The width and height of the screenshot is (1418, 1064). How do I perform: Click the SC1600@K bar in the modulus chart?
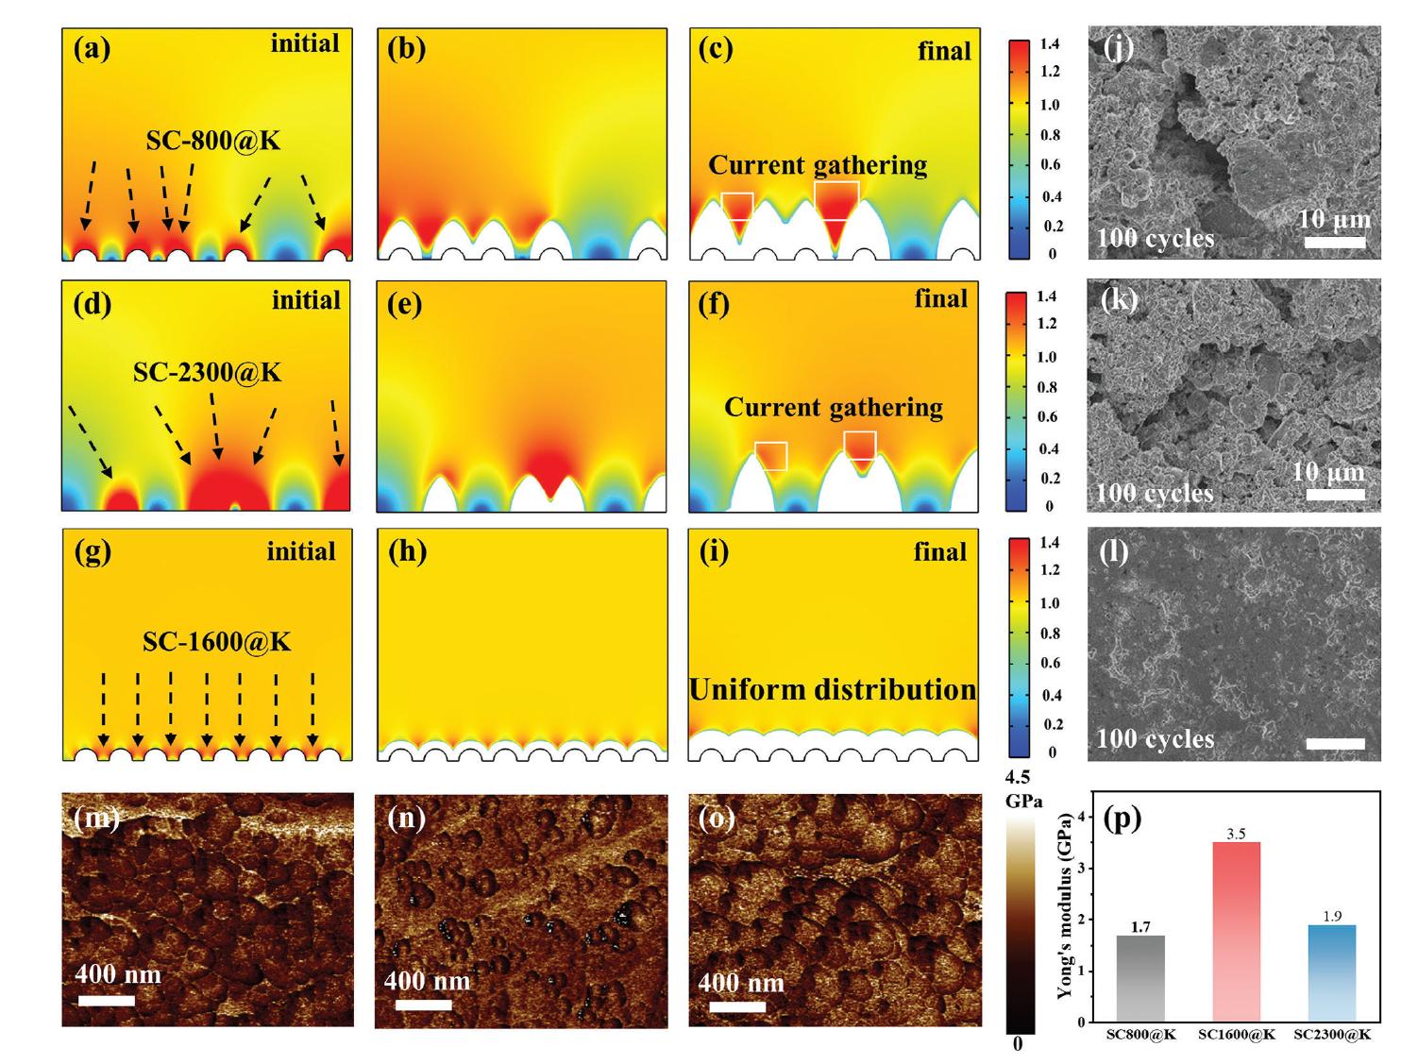click(x=1236, y=931)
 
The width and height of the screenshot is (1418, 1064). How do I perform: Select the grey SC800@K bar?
click(x=1140, y=978)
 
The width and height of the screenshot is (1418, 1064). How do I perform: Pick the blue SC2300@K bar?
click(x=1331, y=972)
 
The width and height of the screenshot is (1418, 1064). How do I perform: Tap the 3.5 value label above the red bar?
click(x=1236, y=834)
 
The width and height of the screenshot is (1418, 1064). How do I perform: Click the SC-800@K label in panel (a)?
click(x=213, y=142)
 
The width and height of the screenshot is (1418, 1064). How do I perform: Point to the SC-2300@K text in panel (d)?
click(x=207, y=373)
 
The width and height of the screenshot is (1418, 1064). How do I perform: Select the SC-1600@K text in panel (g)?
click(x=216, y=642)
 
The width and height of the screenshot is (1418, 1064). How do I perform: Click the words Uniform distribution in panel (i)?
click(x=833, y=690)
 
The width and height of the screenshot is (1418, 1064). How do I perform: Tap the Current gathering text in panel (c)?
click(x=818, y=166)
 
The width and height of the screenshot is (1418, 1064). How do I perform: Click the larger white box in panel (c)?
click(x=836, y=201)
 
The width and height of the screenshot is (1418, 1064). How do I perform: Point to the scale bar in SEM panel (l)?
click(x=1336, y=744)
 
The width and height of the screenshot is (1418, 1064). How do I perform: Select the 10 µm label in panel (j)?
click(x=1334, y=220)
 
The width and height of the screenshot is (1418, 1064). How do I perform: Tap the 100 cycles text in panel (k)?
click(x=1155, y=493)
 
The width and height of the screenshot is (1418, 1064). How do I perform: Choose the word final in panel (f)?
click(x=941, y=299)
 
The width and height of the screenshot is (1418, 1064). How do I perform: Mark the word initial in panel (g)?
click(x=301, y=551)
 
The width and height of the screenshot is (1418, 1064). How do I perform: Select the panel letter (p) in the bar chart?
click(x=1123, y=819)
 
